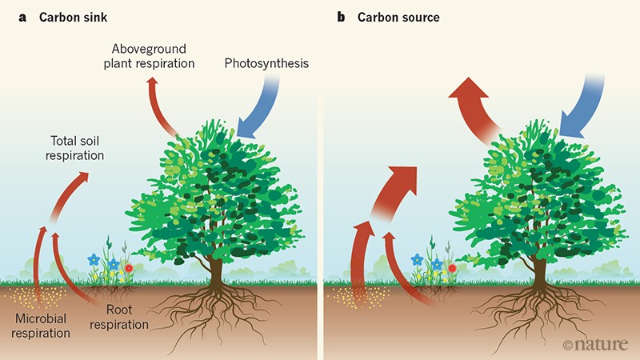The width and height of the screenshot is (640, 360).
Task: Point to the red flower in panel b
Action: [x=452, y=266]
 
